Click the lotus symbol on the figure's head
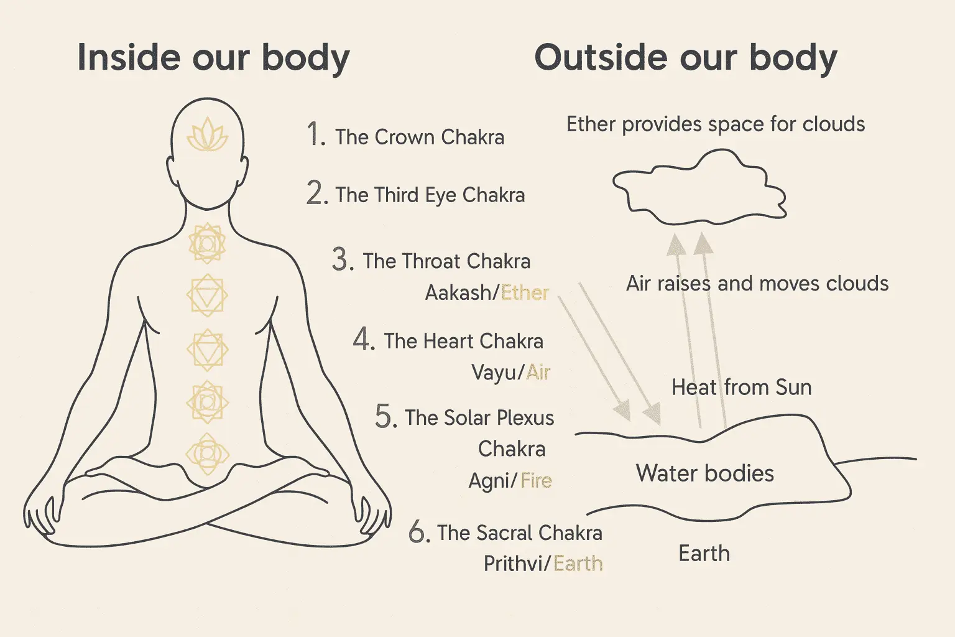[x=207, y=136]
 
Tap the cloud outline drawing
[x=699, y=187]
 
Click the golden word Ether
[x=525, y=292]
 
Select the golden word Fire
[x=536, y=480]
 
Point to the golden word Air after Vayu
[x=538, y=372]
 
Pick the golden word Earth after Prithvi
[x=578, y=564]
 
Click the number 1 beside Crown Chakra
[x=316, y=135]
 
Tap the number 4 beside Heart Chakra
[x=364, y=340]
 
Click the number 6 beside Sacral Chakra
[x=419, y=532]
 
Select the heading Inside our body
[x=213, y=58]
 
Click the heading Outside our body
[x=685, y=58]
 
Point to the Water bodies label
[x=704, y=473]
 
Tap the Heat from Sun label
[x=741, y=388]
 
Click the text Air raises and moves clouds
[x=757, y=284]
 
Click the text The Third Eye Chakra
[x=430, y=195]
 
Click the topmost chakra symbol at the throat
[x=207, y=243]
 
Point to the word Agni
[x=489, y=481]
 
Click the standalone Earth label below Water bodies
[x=704, y=553]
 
